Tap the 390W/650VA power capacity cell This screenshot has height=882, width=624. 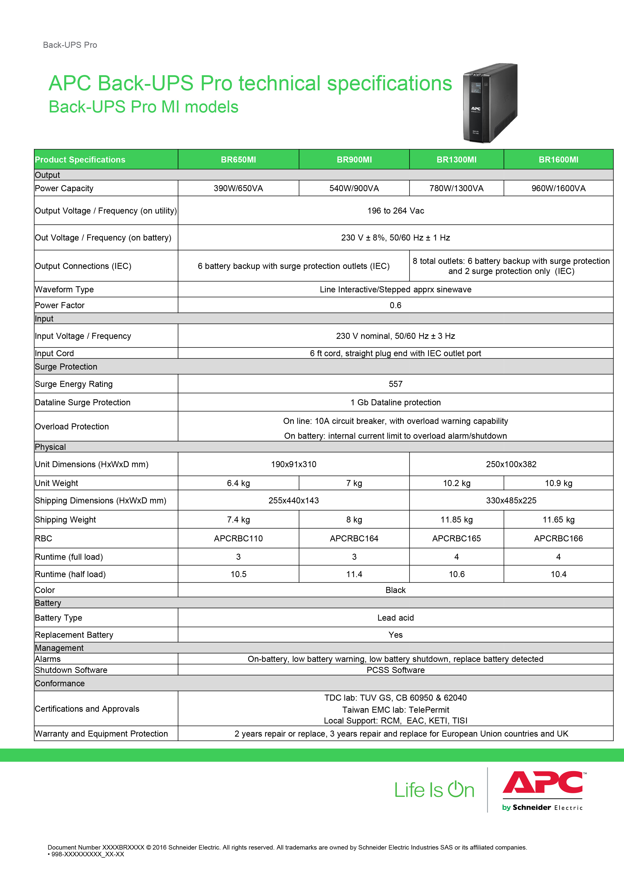pyautogui.click(x=238, y=188)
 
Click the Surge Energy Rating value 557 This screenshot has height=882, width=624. pyautogui.click(x=395, y=384)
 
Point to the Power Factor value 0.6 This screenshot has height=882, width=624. pyautogui.click(x=395, y=305)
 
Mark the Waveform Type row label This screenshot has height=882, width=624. pyautogui.click(x=64, y=289)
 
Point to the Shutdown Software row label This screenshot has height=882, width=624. pyautogui.click(x=71, y=670)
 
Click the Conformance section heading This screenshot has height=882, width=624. pyautogui.click(x=60, y=683)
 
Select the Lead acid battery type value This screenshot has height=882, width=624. pyautogui.click(x=395, y=618)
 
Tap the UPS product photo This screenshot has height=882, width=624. pyautogui.click(x=490, y=103)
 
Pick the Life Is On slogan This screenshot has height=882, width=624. pyautogui.click(x=434, y=790)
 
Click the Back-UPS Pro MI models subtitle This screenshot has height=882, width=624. pyautogui.click(x=143, y=107)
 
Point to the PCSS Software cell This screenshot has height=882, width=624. pyautogui.click(x=395, y=670)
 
